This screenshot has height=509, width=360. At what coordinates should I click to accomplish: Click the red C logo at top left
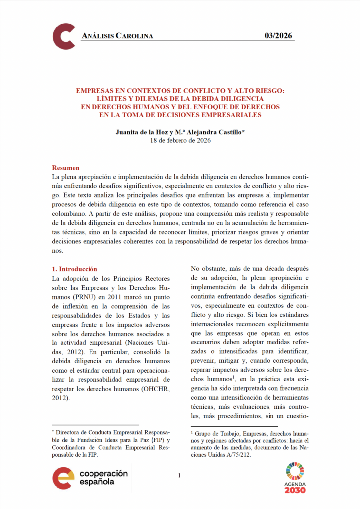coord(64,36)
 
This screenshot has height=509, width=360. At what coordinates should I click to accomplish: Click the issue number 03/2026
coord(278,35)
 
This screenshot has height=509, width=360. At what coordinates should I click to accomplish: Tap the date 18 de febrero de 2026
coord(180,141)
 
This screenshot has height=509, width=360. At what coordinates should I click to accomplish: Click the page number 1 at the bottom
coord(179,476)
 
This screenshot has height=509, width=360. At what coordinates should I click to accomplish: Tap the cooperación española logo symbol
coord(63,478)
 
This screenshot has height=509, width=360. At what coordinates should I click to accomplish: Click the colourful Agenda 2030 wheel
coord(296,471)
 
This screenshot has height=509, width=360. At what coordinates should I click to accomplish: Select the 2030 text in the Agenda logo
coord(296,490)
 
